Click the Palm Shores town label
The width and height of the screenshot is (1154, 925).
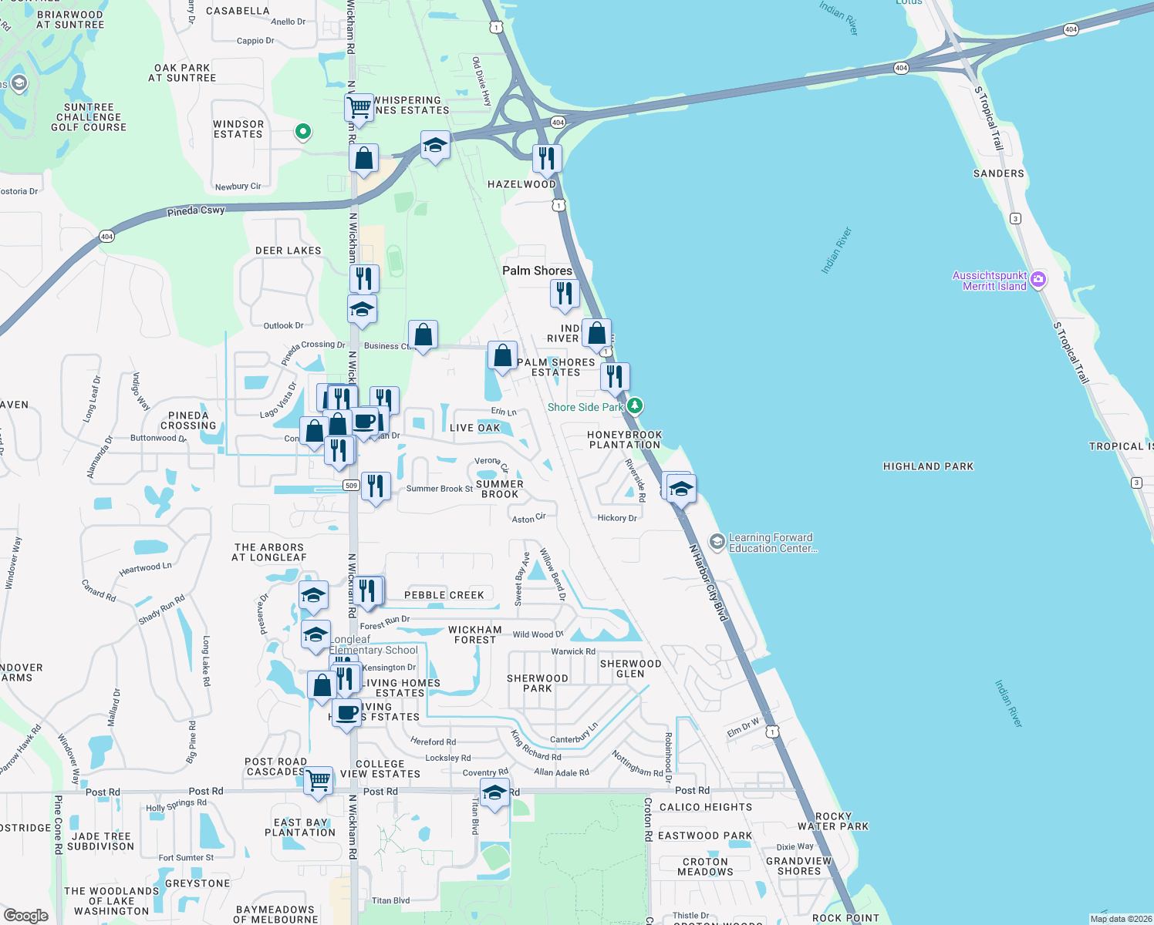pyautogui.click(x=537, y=271)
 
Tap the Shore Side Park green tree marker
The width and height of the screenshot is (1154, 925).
pyautogui.click(x=634, y=405)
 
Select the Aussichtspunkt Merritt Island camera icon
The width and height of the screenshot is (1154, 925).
pyautogui.click(x=1038, y=279)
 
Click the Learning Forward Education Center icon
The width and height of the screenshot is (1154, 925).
pyautogui.click(x=717, y=543)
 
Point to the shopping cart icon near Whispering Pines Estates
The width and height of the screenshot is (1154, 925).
pyautogui.click(x=359, y=106)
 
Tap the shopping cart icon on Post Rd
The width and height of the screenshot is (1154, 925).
pyautogui.click(x=319, y=780)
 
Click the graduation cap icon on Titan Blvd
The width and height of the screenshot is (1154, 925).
pyautogui.click(x=494, y=792)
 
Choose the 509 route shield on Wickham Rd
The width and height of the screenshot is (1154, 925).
pyautogui.click(x=352, y=486)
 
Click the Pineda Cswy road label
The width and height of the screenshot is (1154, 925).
pyautogui.click(x=196, y=210)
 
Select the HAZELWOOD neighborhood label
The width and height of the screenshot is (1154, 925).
pyautogui.click(x=521, y=184)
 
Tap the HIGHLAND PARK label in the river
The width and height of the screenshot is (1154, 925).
pyautogui.click(x=928, y=466)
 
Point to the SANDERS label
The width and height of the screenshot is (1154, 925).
pyautogui.click(x=998, y=173)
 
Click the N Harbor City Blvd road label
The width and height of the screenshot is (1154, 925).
pyautogui.click(x=708, y=583)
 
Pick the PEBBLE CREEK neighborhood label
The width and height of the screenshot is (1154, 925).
pyautogui.click(x=444, y=595)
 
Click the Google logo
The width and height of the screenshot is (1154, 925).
pyautogui.click(x=26, y=916)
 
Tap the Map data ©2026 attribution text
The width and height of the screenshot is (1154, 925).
pyautogui.click(x=1121, y=919)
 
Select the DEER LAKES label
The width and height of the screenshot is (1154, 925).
pyautogui.click(x=288, y=251)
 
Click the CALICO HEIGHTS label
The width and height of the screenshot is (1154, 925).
pyautogui.click(x=705, y=807)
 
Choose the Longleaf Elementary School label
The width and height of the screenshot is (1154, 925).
pyautogui.click(x=374, y=644)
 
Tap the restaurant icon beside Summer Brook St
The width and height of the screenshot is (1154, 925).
pyautogui.click(x=376, y=486)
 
